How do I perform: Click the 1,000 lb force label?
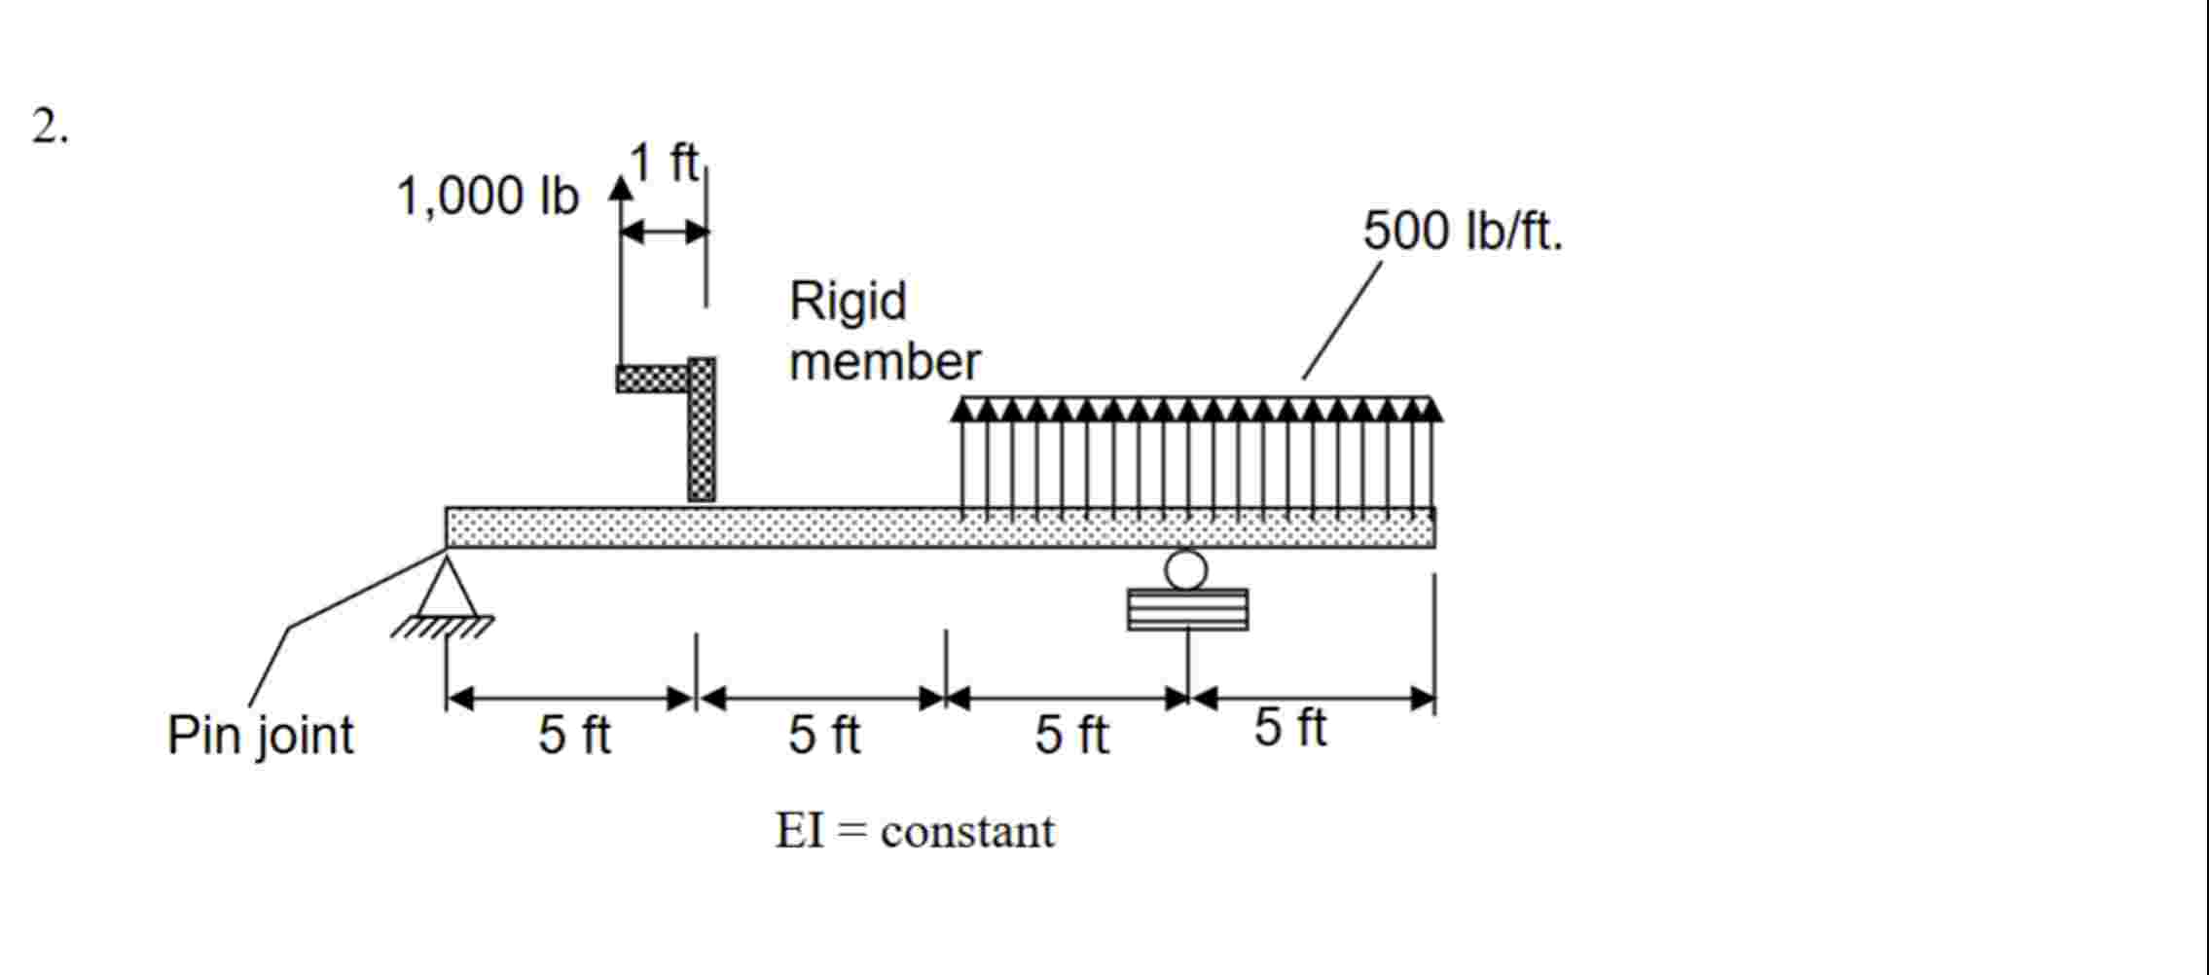tap(487, 198)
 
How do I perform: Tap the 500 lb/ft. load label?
tap(1462, 232)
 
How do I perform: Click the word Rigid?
tap(848, 301)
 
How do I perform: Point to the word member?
tap(884, 362)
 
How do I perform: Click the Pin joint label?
tap(260, 735)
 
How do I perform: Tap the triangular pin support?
tap(447, 588)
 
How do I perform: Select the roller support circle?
tap(1185, 569)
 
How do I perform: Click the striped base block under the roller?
tap(1187, 610)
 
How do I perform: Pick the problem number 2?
tap(49, 126)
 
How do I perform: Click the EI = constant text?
tap(914, 832)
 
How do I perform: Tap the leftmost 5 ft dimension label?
tap(574, 735)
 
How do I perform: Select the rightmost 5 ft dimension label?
tap(1289, 728)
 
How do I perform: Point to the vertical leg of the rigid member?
tap(702, 433)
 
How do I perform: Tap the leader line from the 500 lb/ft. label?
tap(1341, 321)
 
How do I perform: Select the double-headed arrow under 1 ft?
tap(665, 232)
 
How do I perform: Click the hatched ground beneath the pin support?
tap(443, 627)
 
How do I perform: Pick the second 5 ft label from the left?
tap(823, 735)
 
